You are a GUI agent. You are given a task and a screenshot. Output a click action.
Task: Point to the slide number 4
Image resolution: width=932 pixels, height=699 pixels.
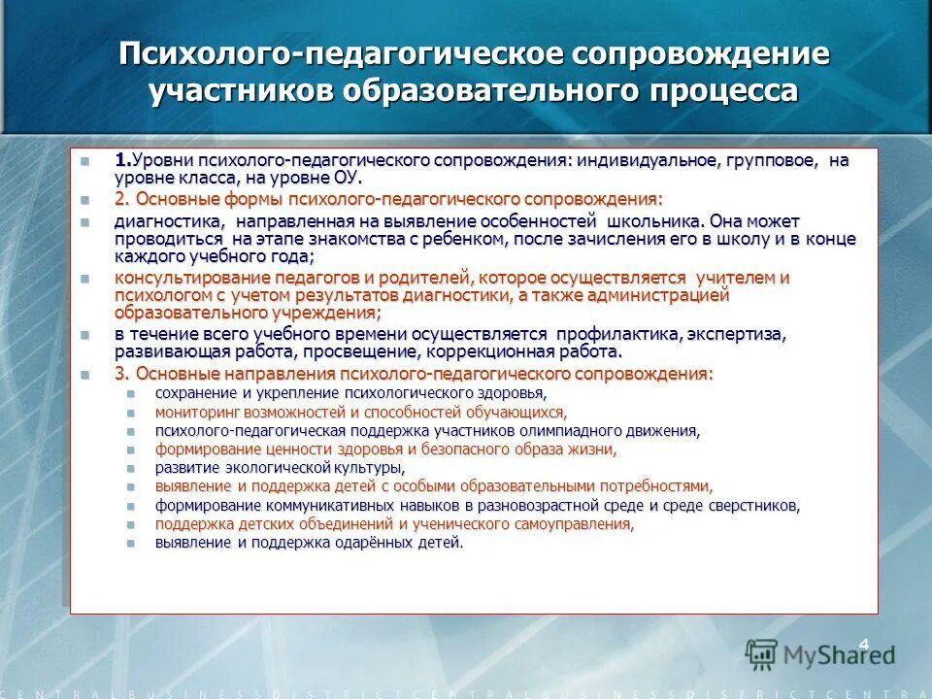pos(863,642)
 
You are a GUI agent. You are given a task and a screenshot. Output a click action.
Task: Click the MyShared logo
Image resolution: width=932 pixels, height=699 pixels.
pos(820,652)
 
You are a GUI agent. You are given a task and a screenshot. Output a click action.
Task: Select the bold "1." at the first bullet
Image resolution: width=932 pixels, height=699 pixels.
pos(122,160)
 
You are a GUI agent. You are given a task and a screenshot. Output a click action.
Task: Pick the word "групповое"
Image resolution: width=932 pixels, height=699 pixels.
pos(759,160)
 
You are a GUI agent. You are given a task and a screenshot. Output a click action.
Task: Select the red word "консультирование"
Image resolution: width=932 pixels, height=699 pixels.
pos(177,278)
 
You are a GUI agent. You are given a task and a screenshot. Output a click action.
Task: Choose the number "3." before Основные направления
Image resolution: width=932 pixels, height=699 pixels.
pos(122,374)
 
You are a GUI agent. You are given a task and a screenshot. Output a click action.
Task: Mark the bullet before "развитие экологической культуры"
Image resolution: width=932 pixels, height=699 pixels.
pos(130,468)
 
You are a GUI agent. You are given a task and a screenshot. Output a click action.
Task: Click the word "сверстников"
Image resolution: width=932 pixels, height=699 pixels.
pos(753,506)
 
